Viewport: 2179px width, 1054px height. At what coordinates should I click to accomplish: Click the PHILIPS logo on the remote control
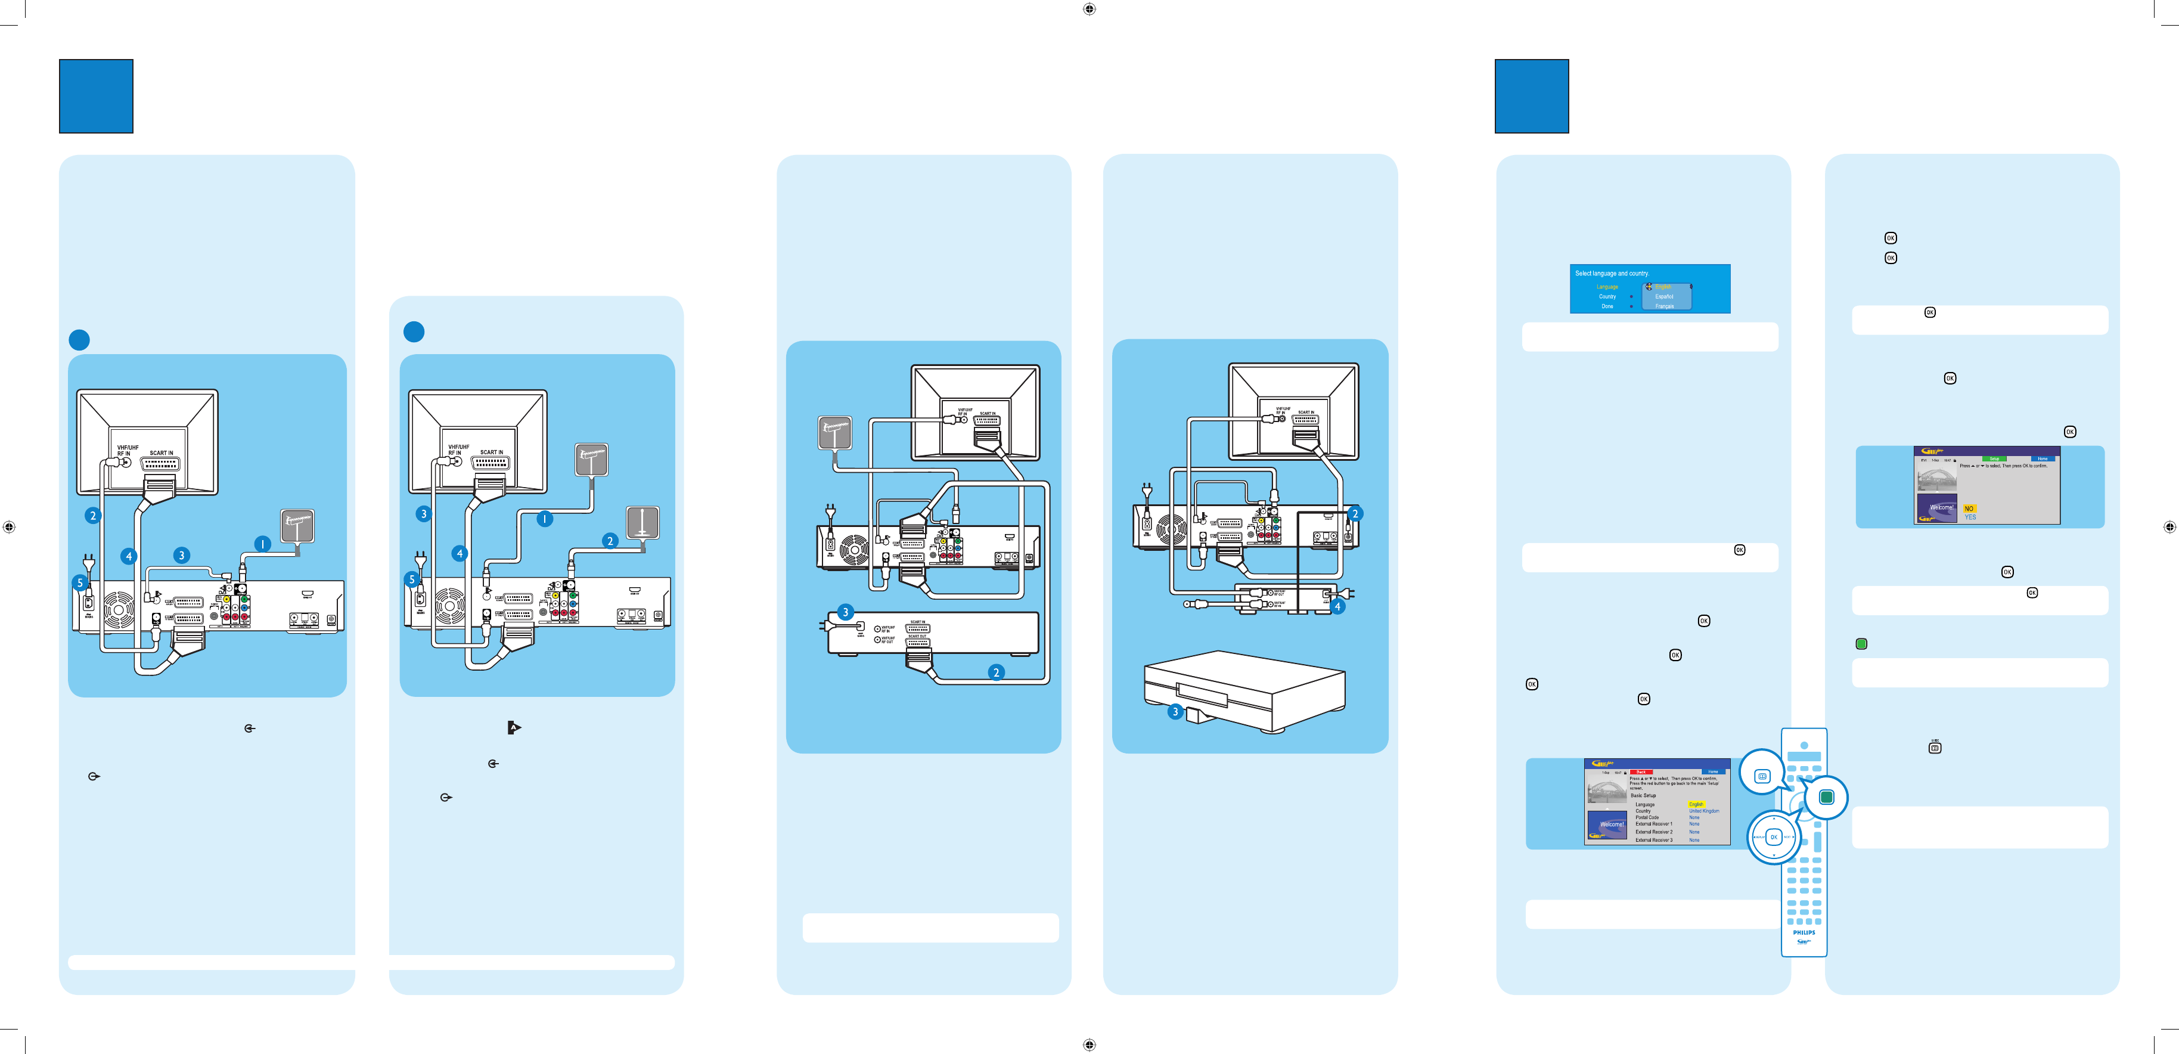coord(1804,932)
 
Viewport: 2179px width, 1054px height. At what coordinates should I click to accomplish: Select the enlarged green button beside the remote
coord(1826,797)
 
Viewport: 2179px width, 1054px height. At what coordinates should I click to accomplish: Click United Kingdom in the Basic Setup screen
coord(1703,810)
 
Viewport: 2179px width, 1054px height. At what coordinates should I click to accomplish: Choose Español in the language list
coord(1664,297)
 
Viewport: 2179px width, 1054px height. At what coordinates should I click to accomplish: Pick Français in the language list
coord(1664,306)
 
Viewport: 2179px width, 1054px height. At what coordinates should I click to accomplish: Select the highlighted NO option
coord(1969,509)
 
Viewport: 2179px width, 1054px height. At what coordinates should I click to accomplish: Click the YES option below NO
coord(1970,517)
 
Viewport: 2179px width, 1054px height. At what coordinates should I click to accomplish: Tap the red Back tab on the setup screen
coord(1641,771)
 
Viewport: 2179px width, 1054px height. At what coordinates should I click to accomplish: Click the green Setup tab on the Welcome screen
coord(1994,458)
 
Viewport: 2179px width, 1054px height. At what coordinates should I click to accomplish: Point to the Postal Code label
coord(1647,817)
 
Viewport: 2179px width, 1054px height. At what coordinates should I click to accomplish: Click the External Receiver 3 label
coord(1654,840)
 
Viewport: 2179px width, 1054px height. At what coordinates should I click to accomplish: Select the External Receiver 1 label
coord(1654,824)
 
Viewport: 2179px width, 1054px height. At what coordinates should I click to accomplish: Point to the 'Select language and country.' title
coord(1612,273)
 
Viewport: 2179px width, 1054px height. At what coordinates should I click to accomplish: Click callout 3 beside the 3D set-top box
coord(1174,711)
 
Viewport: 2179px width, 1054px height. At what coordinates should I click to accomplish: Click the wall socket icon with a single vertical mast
coord(643,522)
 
